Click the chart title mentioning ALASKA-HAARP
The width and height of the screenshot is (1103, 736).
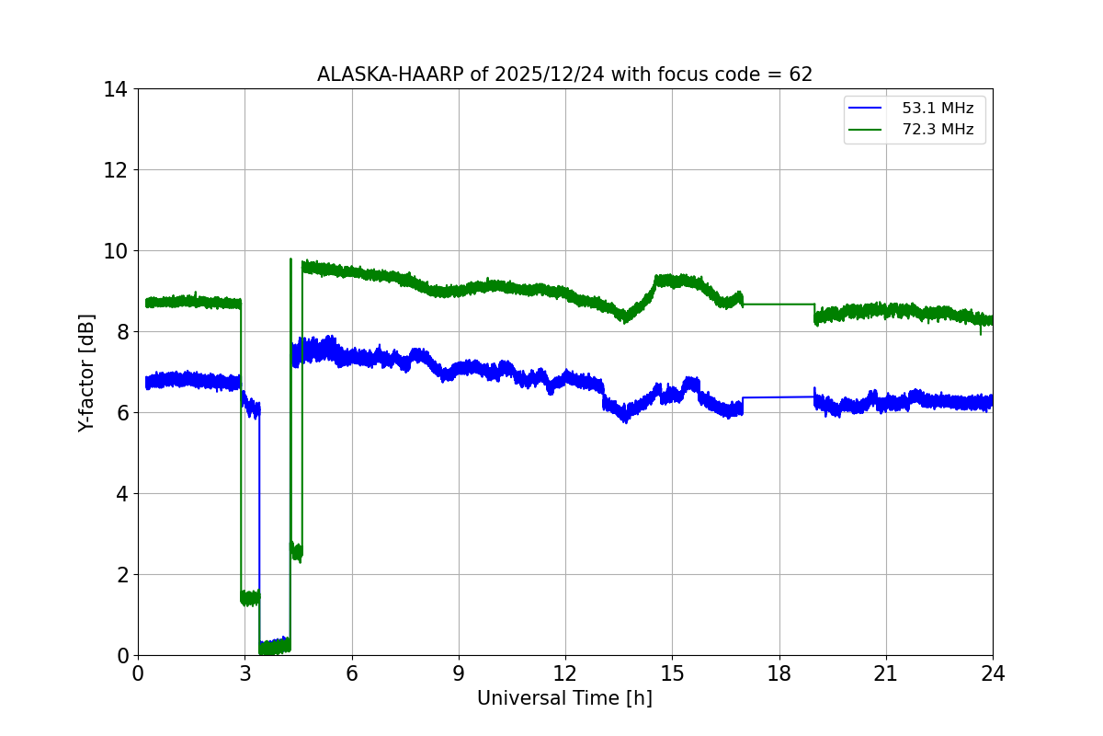564,75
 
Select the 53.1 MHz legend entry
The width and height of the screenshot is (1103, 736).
938,109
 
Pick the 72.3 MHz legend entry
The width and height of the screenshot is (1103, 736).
938,130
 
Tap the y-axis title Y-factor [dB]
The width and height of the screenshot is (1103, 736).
86,372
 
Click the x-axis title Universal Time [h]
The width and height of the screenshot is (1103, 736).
564,698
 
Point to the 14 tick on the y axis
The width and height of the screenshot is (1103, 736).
116,89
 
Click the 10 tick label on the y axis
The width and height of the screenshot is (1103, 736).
116,251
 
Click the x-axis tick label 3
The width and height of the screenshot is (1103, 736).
244,673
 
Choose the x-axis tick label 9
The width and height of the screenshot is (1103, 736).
459,673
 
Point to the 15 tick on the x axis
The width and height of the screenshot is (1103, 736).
672,673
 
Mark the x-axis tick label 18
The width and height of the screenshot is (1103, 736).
779,673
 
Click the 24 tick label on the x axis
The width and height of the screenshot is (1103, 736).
993,673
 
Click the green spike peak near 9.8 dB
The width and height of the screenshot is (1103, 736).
290,259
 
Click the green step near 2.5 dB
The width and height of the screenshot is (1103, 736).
296,552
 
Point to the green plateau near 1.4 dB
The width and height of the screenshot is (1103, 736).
250,598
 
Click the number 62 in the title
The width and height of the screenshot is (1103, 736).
801,75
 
